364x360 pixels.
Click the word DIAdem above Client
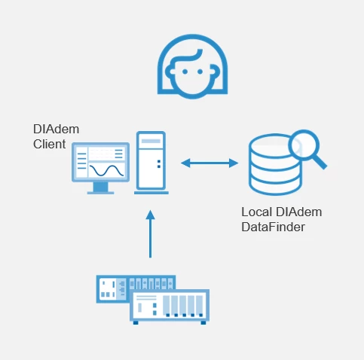point(57,129)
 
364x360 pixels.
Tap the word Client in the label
point(50,144)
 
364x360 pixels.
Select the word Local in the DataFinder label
point(257,212)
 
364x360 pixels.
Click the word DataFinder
point(273,227)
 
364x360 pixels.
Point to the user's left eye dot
point(185,72)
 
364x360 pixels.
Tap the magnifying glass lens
point(304,145)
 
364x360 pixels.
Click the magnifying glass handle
point(320,162)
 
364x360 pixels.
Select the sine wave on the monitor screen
point(106,170)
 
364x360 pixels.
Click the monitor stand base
point(100,193)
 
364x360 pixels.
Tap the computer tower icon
point(151,163)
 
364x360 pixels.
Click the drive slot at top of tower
point(151,141)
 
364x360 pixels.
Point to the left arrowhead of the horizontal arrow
point(185,163)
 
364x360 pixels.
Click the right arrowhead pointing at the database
point(234,163)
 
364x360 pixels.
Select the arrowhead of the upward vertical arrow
point(150,215)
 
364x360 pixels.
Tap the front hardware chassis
point(170,306)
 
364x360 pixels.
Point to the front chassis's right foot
point(203,322)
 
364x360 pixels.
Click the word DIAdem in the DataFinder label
point(299,212)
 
